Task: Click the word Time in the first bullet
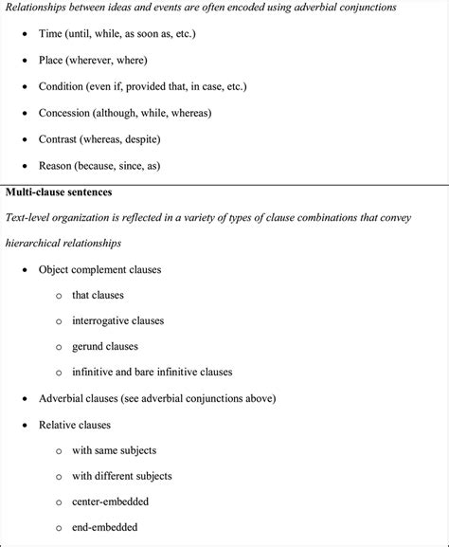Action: click(51, 33)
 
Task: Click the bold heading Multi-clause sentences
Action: click(59, 191)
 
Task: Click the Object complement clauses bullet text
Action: click(99, 269)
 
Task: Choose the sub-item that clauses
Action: click(98, 295)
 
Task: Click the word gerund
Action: click(90, 346)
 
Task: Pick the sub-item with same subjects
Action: click(114, 450)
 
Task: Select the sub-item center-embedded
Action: click(110, 501)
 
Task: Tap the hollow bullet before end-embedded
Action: click(59, 528)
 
